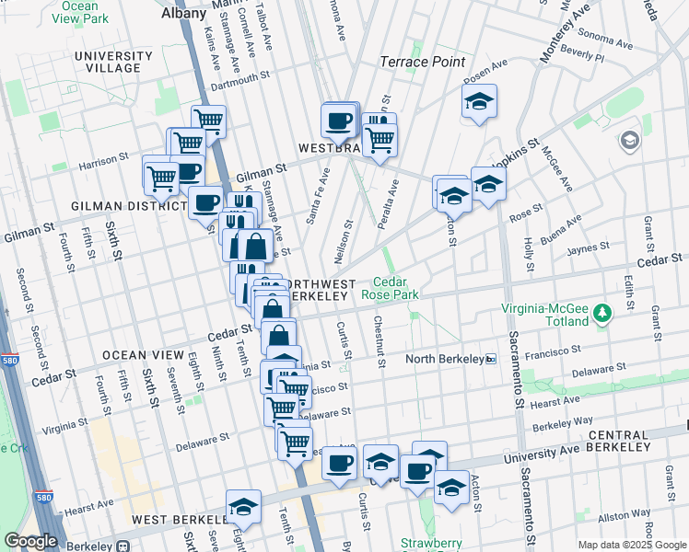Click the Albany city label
(182, 14)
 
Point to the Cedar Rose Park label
(396, 288)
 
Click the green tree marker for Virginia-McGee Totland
(602, 314)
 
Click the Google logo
(30, 541)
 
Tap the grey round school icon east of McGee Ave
(630, 140)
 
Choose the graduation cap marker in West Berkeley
(244, 506)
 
